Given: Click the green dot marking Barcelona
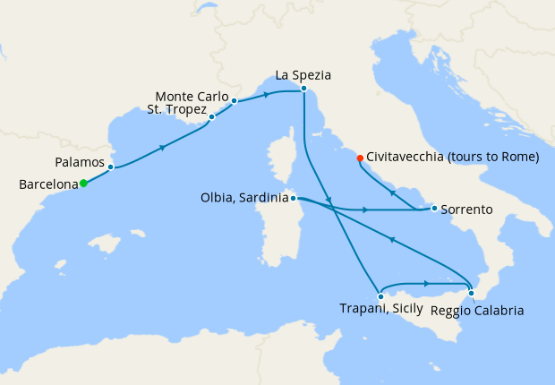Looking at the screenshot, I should point(83,184).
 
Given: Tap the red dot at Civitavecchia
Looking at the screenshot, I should point(360,158).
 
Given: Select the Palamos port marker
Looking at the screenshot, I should point(110,167).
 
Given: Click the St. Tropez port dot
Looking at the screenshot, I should point(211,116).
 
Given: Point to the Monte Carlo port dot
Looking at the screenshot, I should point(234,101).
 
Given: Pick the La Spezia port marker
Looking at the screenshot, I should point(304,89).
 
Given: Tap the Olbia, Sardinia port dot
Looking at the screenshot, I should point(293,198).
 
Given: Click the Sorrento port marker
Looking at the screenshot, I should point(434,209).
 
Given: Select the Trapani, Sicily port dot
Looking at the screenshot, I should point(380,295).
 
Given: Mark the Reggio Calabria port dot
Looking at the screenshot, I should point(471,293).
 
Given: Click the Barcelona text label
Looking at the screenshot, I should point(48,184).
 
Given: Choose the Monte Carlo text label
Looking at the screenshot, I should point(191,96).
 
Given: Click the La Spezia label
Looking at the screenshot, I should point(304,75).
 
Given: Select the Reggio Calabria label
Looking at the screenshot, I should point(476,311).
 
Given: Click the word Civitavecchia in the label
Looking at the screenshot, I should point(411,158).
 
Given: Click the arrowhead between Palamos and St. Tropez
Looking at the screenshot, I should point(162,147).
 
